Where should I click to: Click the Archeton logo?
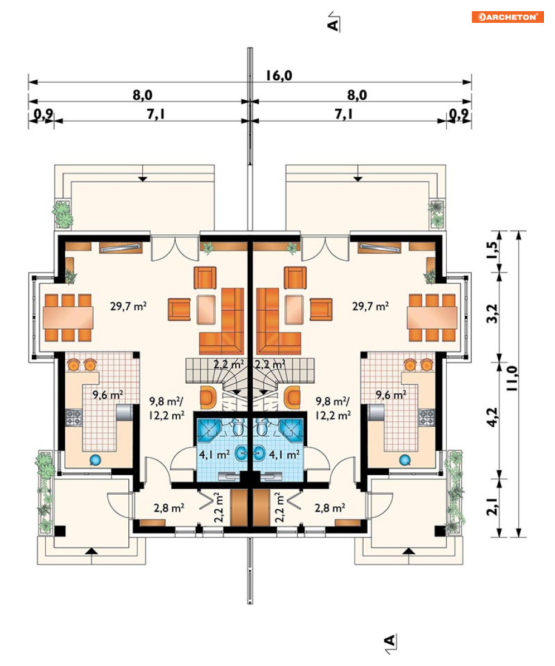(508, 17)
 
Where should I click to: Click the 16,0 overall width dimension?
(279, 76)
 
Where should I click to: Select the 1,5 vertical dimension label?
(493, 250)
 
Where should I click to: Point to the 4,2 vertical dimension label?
(493, 418)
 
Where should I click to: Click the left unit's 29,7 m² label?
(128, 306)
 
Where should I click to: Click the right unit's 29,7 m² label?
(370, 306)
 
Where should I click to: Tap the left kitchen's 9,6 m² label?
(108, 394)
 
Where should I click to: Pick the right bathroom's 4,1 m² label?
(284, 455)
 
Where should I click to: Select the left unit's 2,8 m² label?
(168, 508)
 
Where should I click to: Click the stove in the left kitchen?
(74, 417)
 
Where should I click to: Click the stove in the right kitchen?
(427, 417)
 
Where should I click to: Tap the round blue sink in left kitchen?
(95, 460)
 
